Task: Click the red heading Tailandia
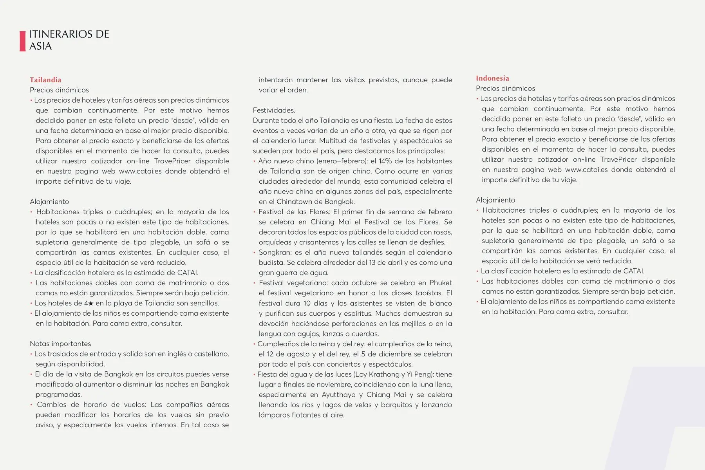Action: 45,80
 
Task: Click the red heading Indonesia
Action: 492,78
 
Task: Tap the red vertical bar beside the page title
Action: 23,41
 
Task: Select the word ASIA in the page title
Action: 40,47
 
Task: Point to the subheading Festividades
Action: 274,110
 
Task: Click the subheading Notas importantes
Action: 60,344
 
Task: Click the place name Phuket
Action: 441,283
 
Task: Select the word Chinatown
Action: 295,202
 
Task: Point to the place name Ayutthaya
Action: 339,395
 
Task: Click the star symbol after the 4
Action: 91,304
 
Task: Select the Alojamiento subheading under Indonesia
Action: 495,200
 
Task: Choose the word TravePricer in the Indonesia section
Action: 618,160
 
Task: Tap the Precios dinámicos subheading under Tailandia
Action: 59,90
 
